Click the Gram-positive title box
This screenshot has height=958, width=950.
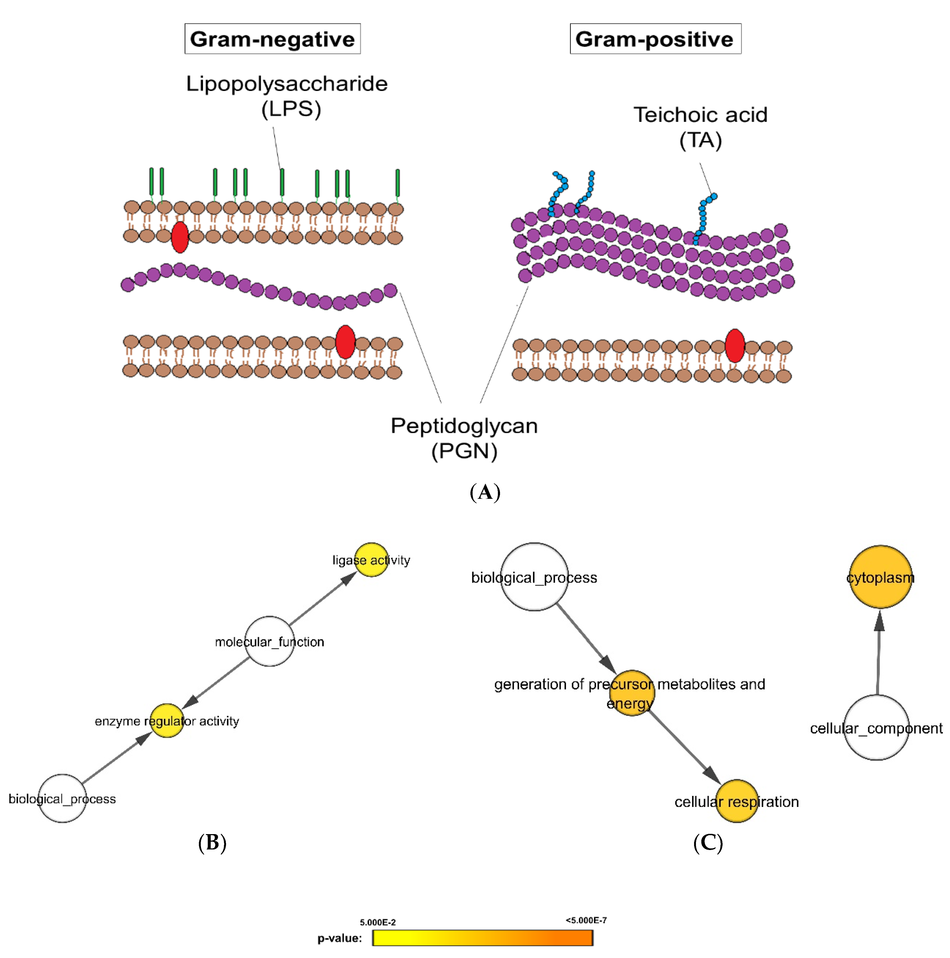(x=655, y=39)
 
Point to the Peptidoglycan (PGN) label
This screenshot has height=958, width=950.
(x=464, y=438)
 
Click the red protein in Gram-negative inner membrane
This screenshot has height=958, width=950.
(x=345, y=342)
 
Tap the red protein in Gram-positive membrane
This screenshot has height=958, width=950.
(x=734, y=346)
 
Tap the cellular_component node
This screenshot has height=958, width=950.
(x=876, y=727)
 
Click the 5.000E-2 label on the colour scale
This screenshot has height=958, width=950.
(x=378, y=922)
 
